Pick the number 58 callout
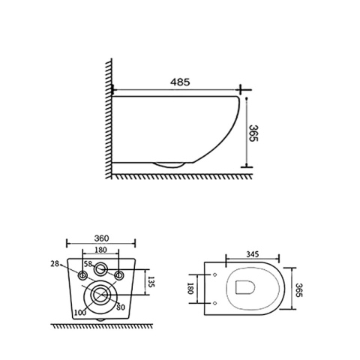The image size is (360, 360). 88,265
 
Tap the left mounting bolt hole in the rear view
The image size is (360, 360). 82,277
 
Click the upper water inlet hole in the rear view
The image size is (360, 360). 99,269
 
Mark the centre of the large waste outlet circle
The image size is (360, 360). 99,295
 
